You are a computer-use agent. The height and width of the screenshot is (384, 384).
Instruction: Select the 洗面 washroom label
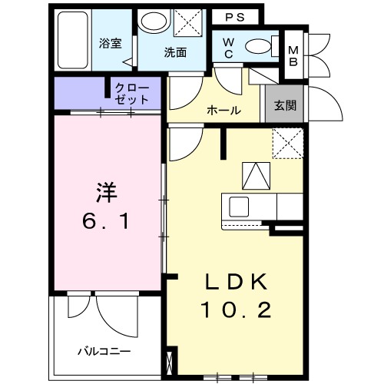(175, 53)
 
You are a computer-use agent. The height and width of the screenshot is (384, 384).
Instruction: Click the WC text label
(229, 48)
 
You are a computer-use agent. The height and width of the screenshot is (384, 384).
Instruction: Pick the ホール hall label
(223, 111)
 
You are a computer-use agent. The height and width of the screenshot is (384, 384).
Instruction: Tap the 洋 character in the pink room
(106, 191)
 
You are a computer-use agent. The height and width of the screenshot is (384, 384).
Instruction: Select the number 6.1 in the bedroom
(107, 223)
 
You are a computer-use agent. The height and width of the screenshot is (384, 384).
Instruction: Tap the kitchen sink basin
(237, 206)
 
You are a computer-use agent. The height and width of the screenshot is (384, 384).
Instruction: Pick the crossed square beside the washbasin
(186, 22)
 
